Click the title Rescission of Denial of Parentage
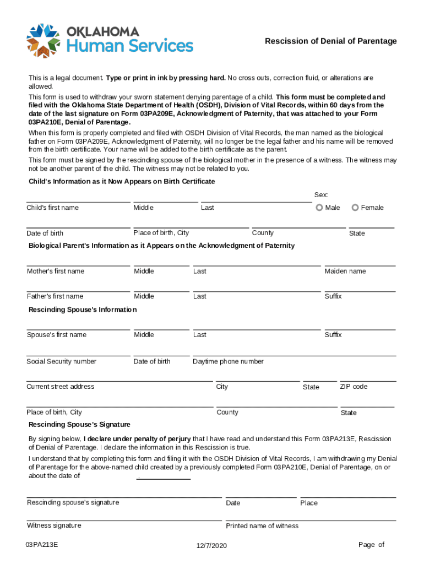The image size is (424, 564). click(330, 41)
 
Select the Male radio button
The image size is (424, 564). click(319, 208)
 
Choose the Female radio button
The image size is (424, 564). click(355, 208)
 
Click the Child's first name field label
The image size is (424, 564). click(52, 208)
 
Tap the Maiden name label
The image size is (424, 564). click(345, 271)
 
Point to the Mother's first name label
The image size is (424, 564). click(55, 271)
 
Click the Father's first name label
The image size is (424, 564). click(55, 296)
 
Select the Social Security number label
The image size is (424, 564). click(61, 361)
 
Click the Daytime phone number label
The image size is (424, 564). click(228, 361)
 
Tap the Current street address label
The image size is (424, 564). click(60, 387)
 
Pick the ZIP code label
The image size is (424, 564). click(353, 387)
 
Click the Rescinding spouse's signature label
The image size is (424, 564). click(73, 502)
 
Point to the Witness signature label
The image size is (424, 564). click(53, 525)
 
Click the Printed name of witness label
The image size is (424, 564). click(262, 526)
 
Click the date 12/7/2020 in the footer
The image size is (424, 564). click(211, 545)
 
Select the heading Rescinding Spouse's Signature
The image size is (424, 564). click(79, 425)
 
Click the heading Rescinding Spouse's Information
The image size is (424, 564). click(83, 310)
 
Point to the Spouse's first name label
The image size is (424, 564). click(56, 335)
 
